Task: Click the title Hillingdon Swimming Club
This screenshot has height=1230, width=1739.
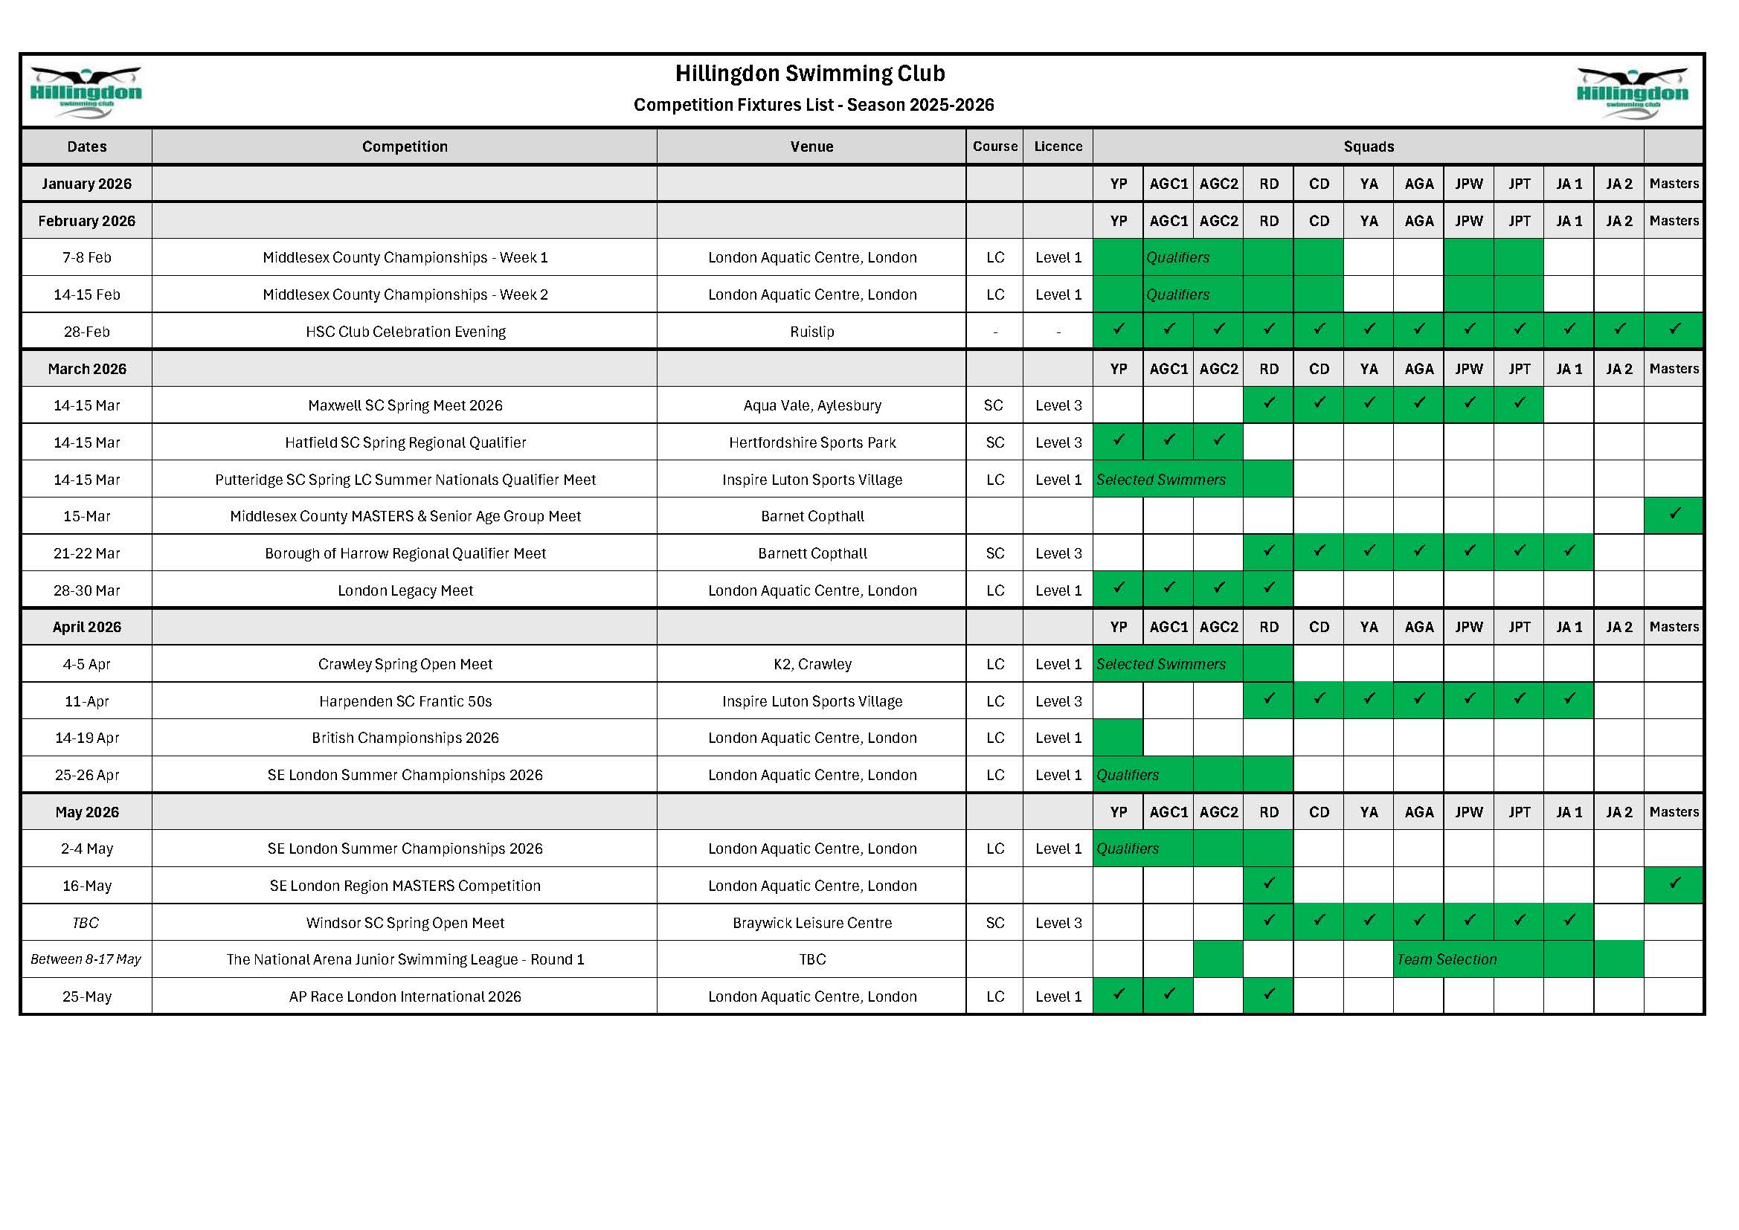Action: coord(810,74)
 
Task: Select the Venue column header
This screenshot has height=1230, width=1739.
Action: coord(811,147)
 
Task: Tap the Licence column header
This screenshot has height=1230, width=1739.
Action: coord(1058,147)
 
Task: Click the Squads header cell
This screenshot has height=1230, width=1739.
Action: coord(1368,147)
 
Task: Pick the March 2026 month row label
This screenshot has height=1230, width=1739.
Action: coord(86,369)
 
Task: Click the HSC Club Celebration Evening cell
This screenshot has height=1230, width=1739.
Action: coord(405,332)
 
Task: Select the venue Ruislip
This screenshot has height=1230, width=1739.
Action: coord(811,332)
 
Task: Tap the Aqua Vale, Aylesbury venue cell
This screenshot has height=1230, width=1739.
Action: coord(812,405)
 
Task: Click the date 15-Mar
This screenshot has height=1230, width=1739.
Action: coord(86,517)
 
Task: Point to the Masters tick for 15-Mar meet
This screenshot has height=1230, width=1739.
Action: coord(1674,515)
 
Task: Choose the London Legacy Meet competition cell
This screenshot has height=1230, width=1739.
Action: coord(405,590)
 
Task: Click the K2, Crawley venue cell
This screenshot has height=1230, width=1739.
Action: coord(812,664)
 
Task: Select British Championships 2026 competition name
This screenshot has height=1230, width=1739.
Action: coord(405,738)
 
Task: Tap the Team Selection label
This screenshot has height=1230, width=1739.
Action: coord(1447,959)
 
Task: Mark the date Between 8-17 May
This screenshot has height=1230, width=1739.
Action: coord(86,959)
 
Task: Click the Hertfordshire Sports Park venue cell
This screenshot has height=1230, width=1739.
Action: coord(812,442)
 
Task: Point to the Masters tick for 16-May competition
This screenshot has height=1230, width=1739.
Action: coord(1674,883)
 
